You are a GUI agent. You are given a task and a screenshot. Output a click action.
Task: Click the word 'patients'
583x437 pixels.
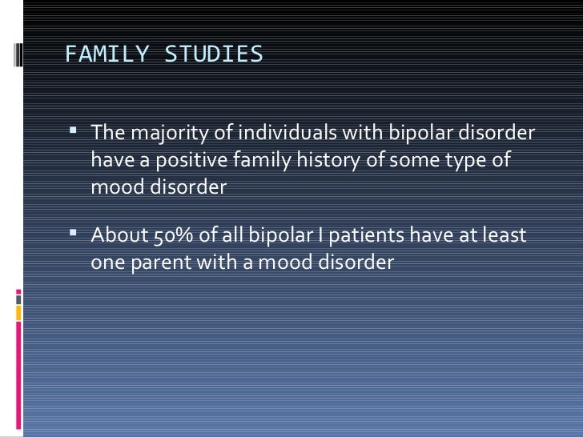click(x=367, y=236)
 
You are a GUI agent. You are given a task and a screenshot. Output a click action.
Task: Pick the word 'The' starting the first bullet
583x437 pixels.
click(x=107, y=133)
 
